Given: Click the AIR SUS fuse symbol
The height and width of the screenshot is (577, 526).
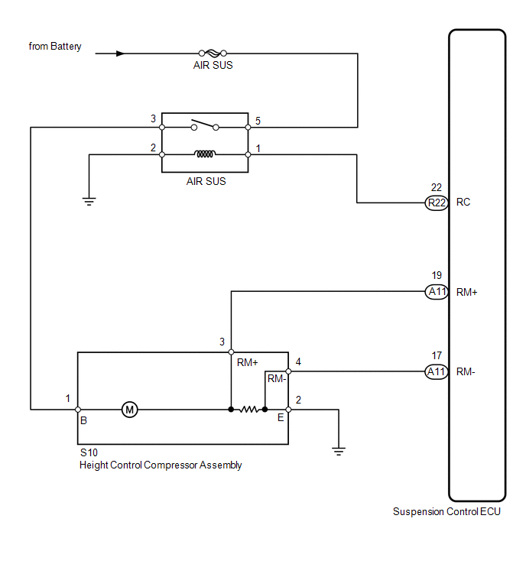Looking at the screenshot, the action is coord(213,53).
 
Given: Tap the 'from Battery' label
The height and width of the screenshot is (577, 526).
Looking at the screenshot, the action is coord(55,47).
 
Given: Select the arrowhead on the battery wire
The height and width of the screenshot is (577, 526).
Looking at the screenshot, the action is coord(120,53).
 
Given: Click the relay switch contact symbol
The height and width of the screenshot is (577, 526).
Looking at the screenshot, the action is coord(205,125).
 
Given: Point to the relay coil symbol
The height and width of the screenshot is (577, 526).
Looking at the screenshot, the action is coord(205,154).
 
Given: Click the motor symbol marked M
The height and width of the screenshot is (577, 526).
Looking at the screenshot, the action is coord(129,410).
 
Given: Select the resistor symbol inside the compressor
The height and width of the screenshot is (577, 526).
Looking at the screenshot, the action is coord(248,409).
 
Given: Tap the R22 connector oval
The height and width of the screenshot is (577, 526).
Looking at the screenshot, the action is coord(437,203).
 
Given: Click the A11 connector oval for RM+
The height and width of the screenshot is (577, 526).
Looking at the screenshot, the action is coord(437,292).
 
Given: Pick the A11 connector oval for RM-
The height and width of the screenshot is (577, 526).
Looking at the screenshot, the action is coord(437,372).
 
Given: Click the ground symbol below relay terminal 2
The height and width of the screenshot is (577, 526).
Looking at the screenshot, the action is coord(89,201).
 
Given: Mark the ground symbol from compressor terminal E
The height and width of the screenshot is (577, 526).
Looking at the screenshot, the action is coord(339,452).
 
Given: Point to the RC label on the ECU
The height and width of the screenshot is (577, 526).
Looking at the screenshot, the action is coord(463,203).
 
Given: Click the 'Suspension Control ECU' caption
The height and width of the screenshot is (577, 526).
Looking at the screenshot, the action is coord(446,512).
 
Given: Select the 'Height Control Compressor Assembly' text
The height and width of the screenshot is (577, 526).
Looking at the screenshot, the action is coord(161,465).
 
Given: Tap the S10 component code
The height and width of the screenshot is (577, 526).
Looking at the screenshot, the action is coord(89,452).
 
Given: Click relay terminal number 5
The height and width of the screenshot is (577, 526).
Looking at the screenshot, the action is coord(258,121).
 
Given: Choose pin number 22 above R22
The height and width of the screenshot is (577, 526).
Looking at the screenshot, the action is coord(437,188).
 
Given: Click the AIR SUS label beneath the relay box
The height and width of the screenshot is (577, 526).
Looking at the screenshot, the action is coord(206,181).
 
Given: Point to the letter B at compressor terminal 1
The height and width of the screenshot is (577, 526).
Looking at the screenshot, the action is coord(83,420).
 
